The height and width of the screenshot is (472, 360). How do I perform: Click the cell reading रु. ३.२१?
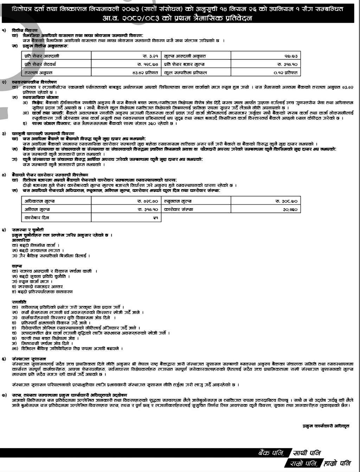pos(152,56)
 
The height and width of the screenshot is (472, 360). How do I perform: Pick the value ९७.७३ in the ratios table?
pos(291,56)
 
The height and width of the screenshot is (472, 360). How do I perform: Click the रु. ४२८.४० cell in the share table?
pos(147,201)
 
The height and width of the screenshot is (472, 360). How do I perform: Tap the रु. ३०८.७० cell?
pos(287,201)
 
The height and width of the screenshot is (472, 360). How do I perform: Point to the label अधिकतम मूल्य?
pos(39,201)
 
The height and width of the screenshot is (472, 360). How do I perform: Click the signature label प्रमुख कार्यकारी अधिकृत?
pos(326,426)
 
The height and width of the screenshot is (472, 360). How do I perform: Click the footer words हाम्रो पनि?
pos(337,464)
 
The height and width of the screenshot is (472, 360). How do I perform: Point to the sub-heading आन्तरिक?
pos(21,240)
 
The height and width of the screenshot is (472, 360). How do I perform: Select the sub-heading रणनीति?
pos(19,302)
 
